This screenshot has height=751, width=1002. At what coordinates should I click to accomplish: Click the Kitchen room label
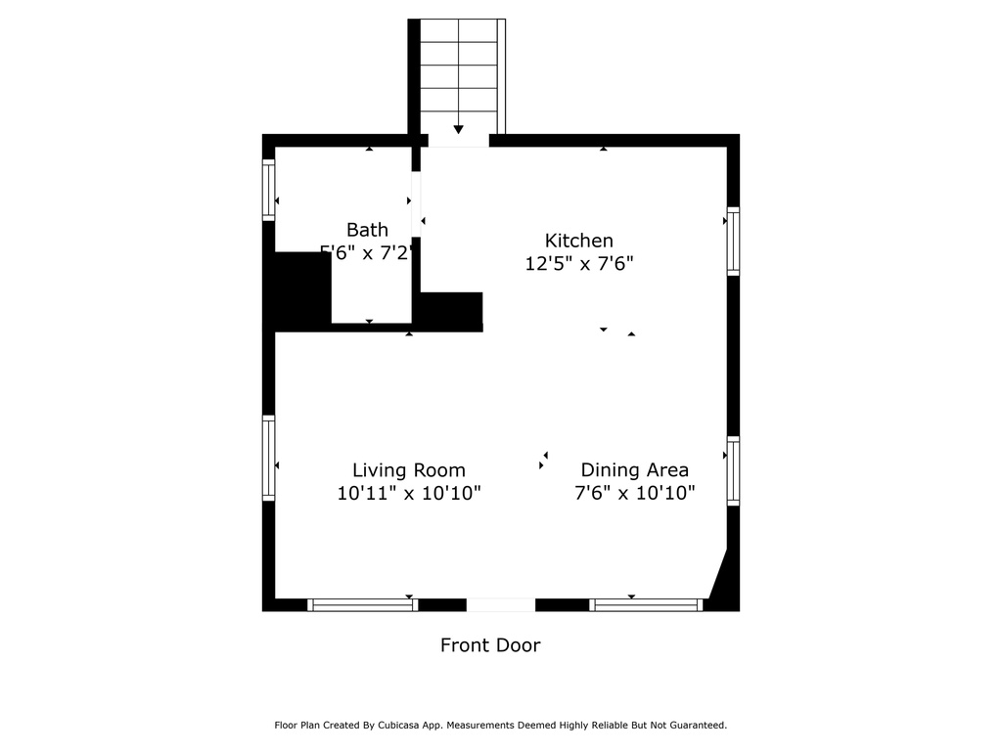pyautogui.click(x=578, y=241)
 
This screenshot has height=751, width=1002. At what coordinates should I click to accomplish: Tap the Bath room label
pyautogui.click(x=367, y=230)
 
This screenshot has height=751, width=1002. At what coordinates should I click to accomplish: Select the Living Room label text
pyautogui.click(x=409, y=470)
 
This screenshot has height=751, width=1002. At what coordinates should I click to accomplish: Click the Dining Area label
pyautogui.click(x=634, y=470)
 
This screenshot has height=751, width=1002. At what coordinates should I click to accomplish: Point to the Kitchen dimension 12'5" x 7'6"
pyautogui.click(x=578, y=263)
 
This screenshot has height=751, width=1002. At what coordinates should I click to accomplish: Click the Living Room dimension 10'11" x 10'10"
pyautogui.click(x=409, y=494)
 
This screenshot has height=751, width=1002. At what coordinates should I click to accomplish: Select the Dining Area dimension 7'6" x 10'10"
pyautogui.click(x=634, y=494)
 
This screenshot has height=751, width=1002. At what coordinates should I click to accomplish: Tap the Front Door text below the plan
pyautogui.click(x=489, y=645)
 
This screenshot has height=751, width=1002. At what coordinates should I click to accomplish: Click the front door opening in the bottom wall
pyautogui.click(x=500, y=605)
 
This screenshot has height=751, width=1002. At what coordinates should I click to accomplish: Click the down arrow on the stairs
pyautogui.click(x=458, y=129)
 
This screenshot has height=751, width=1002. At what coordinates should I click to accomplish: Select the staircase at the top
pyautogui.click(x=458, y=73)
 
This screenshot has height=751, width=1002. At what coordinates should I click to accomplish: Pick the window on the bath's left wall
pyautogui.click(x=268, y=190)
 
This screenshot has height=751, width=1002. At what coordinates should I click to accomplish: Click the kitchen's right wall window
pyautogui.click(x=733, y=241)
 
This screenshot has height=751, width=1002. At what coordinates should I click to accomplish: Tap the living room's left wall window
pyautogui.click(x=268, y=458)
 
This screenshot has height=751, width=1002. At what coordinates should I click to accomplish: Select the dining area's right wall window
pyautogui.click(x=733, y=470)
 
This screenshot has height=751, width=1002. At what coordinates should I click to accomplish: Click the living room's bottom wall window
pyautogui.click(x=363, y=605)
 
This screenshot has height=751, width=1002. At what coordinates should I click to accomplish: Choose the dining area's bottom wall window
pyautogui.click(x=646, y=605)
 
